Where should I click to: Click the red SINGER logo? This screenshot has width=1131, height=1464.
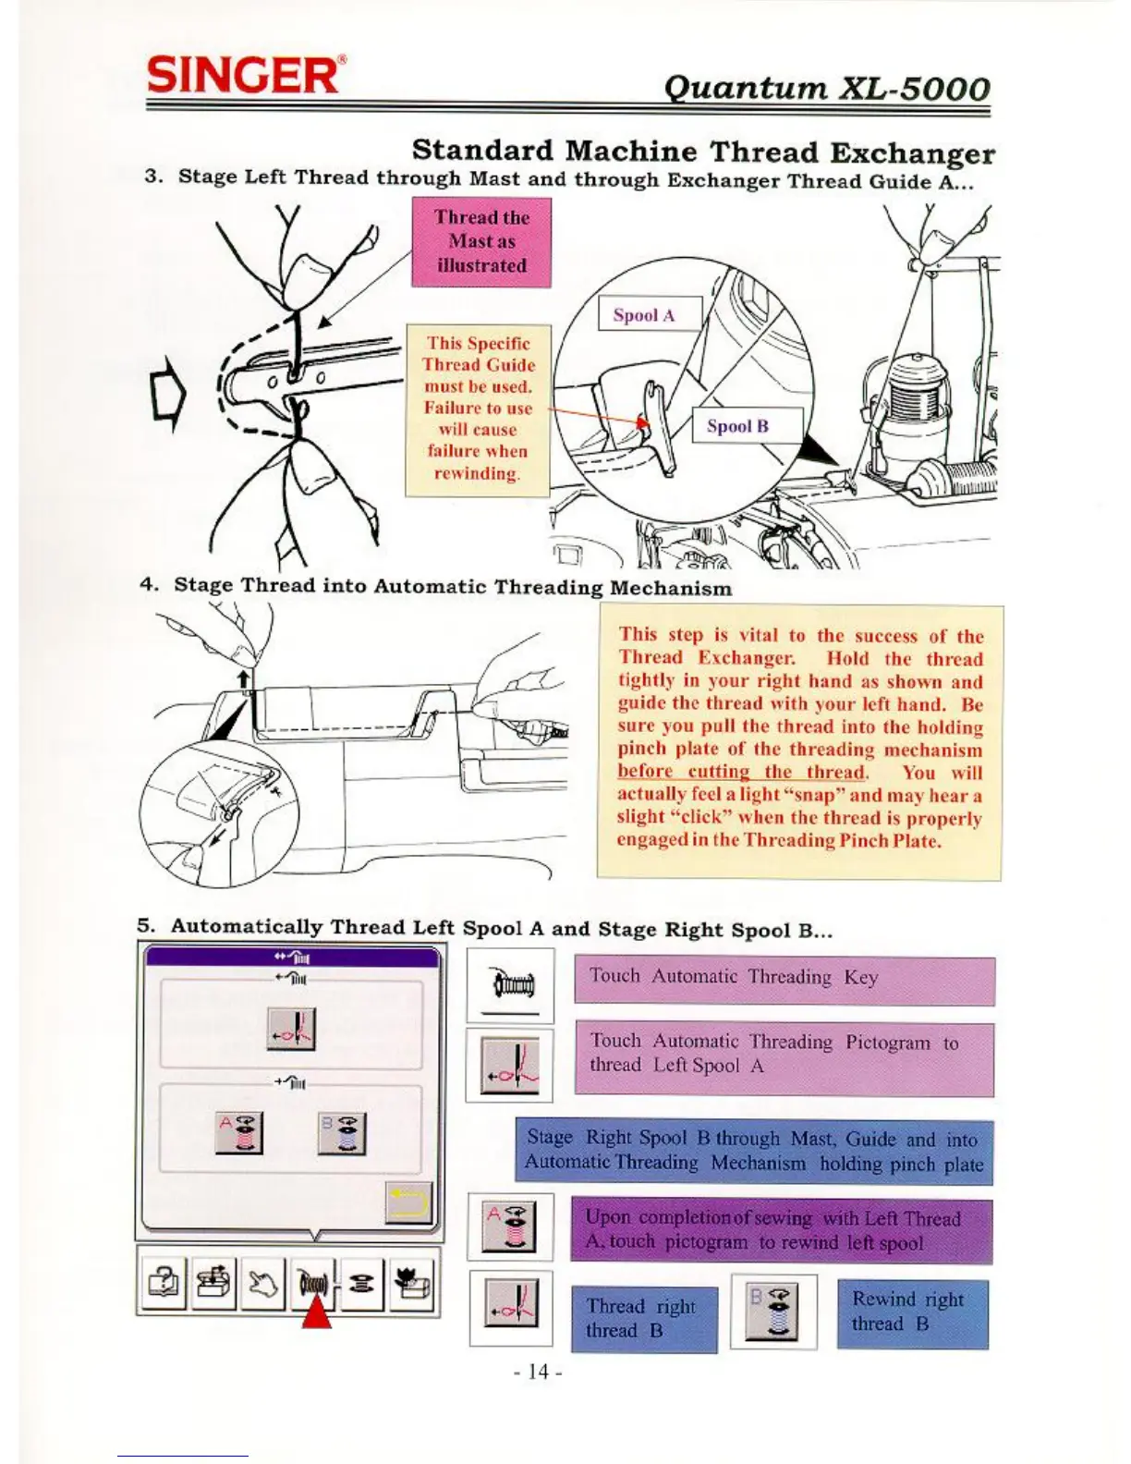pyautogui.click(x=246, y=74)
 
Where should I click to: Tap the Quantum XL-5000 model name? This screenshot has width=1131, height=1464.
pyautogui.click(x=826, y=88)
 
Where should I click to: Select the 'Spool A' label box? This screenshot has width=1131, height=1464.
pyautogui.click(x=644, y=315)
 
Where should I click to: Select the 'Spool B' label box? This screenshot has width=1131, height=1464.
pyautogui.click(x=737, y=426)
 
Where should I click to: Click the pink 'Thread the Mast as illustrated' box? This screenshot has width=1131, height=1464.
pyautogui.click(x=481, y=242)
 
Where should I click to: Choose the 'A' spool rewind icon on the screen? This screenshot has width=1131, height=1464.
pyautogui.click(x=239, y=1133)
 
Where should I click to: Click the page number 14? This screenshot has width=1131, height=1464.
pyautogui.click(x=538, y=1372)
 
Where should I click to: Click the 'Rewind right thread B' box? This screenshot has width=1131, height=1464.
pyautogui.click(x=912, y=1313)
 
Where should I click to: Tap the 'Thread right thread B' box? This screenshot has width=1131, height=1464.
pyautogui.click(x=644, y=1319)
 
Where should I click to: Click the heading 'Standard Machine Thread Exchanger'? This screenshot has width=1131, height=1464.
pyautogui.click(x=703, y=152)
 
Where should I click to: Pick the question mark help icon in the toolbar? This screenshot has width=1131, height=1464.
pyautogui.click(x=164, y=1284)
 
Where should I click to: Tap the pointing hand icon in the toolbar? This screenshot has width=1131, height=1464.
pyautogui.click(x=262, y=1284)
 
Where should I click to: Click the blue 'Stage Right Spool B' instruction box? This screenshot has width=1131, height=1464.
pyautogui.click(x=754, y=1152)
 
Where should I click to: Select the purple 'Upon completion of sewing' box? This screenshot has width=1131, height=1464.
pyautogui.click(x=782, y=1231)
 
